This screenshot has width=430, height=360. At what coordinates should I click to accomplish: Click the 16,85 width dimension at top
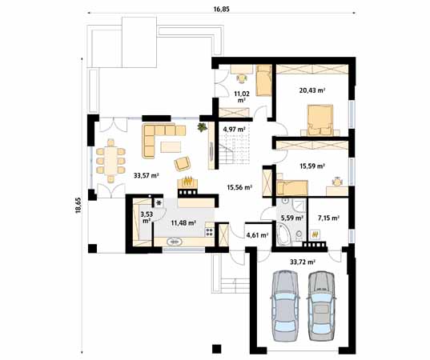pyautogui.click(x=221, y=10)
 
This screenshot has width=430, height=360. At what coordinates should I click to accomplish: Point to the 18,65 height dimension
pyautogui.click(x=78, y=205)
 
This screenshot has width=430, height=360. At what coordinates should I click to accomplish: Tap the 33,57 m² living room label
pyautogui.click(x=147, y=176)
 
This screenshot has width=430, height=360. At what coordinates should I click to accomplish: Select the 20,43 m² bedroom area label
pyautogui.click(x=312, y=90)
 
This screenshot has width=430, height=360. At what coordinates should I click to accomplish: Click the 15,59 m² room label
pyautogui.click(x=312, y=166)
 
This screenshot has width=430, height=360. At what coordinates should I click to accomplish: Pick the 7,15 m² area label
pyautogui.click(x=328, y=218)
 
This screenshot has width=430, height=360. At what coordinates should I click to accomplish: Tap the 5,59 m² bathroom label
pyautogui.click(x=292, y=218)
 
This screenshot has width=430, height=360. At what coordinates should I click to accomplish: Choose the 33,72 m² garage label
pyautogui.click(x=303, y=262)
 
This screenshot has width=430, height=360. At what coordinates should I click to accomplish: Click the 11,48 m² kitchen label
pyautogui.click(x=183, y=222)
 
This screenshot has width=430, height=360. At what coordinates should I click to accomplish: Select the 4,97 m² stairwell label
pyautogui.click(x=234, y=129)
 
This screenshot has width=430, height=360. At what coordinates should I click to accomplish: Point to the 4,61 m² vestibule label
pyautogui.click(x=257, y=234)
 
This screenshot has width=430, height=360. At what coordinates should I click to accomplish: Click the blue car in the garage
pyautogui.click(x=284, y=306)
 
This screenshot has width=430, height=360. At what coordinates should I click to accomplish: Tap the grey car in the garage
pyautogui.click(x=321, y=306)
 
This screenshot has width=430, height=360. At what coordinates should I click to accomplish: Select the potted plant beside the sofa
pyautogui.click(x=203, y=127)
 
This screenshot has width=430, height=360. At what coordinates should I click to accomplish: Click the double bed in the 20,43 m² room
pyautogui.click(x=320, y=120)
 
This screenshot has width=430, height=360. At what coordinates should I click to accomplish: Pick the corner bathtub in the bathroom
pyautogui.click(x=283, y=234)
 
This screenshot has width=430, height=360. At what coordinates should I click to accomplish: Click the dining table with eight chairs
pyautogui.click(x=111, y=161)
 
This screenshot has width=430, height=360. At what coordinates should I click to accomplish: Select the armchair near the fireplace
pyautogui.click(x=183, y=163)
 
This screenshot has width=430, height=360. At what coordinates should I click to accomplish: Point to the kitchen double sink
pyautogui.click(x=175, y=242)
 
